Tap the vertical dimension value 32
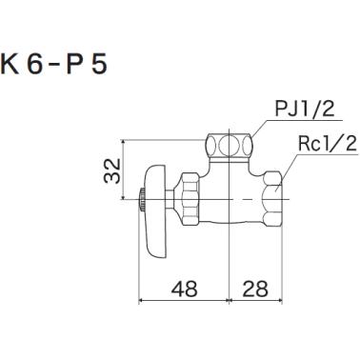pyautogui.click(x=111, y=172)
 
